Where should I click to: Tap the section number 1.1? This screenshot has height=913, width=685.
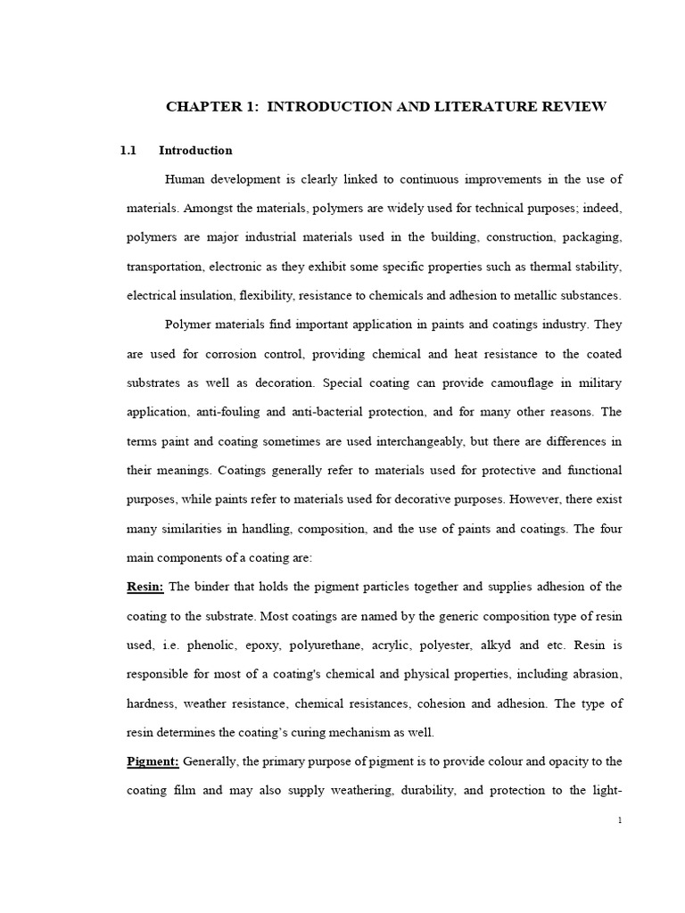click(x=128, y=151)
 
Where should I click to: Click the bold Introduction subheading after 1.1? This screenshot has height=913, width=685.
click(x=195, y=151)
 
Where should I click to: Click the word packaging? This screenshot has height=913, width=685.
click(x=589, y=237)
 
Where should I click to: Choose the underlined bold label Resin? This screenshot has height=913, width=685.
click(x=145, y=586)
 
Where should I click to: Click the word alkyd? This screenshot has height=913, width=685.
click(x=523, y=644)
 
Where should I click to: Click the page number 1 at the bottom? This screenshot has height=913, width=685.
click(x=619, y=821)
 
